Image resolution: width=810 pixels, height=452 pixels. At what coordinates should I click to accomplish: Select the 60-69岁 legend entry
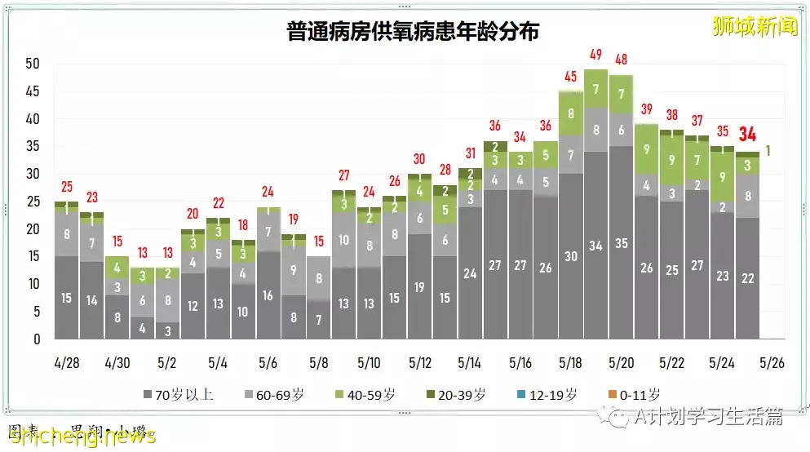(x=272, y=395)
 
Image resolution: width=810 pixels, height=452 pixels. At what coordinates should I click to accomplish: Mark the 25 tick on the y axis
(x=33, y=202)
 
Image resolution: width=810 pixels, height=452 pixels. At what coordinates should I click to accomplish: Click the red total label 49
(x=596, y=55)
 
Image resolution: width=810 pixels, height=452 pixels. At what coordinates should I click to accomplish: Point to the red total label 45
(x=571, y=78)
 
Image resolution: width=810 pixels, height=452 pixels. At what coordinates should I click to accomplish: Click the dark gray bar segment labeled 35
(x=622, y=243)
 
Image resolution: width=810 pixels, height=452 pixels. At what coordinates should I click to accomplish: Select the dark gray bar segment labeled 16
(x=268, y=295)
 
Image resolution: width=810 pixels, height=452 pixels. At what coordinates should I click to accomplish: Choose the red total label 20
(x=193, y=214)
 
